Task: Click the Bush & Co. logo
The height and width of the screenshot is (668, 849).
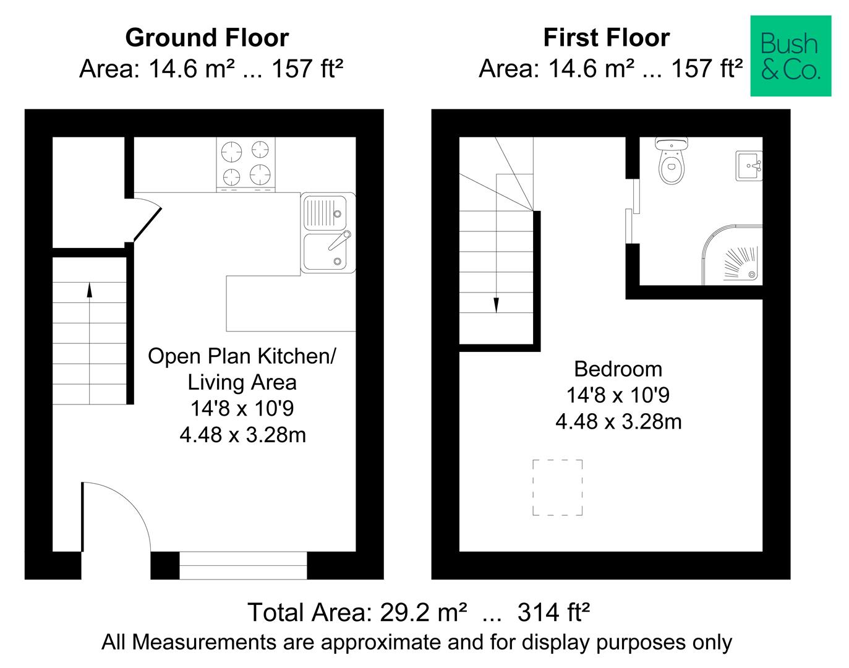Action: click(790, 56)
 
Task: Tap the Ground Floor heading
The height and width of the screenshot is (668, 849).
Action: click(207, 38)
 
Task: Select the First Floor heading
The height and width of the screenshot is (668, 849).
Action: click(606, 38)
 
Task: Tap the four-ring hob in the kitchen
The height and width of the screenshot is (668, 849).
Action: click(245, 163)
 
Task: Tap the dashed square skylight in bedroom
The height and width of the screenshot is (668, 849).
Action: click(557, 487)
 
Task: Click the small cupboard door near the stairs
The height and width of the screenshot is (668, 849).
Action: click(147, 220)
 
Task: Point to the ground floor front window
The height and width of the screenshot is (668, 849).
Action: click(242, 565)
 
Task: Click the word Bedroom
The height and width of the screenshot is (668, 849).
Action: click(618, 369)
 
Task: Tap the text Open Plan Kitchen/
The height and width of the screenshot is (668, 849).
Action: click(242, 356)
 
